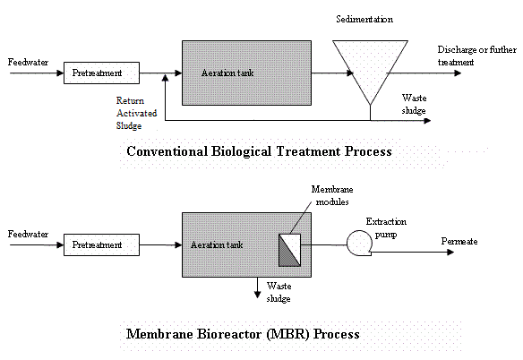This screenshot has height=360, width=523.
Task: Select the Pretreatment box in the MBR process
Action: (x=102, y=244)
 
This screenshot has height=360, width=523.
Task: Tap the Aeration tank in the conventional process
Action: (x=245, y=72)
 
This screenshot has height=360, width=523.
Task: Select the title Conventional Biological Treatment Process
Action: (x=259, y=151)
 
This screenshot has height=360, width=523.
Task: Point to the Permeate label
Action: (x=460, y=242)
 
